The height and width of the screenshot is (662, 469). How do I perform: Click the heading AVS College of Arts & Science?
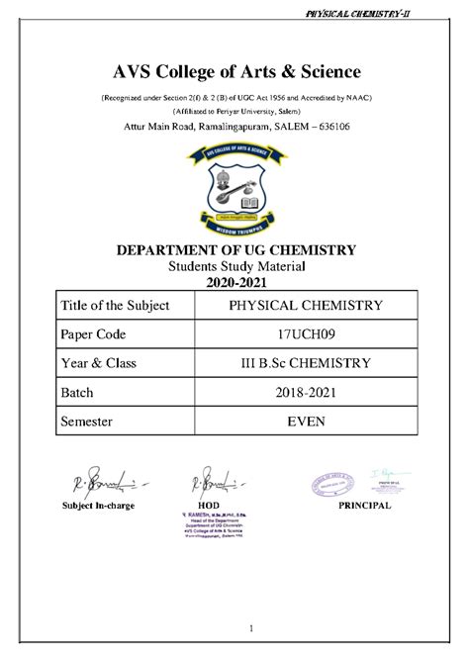coord(234,72)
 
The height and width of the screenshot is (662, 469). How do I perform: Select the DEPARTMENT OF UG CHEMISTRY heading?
coord(234,248)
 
